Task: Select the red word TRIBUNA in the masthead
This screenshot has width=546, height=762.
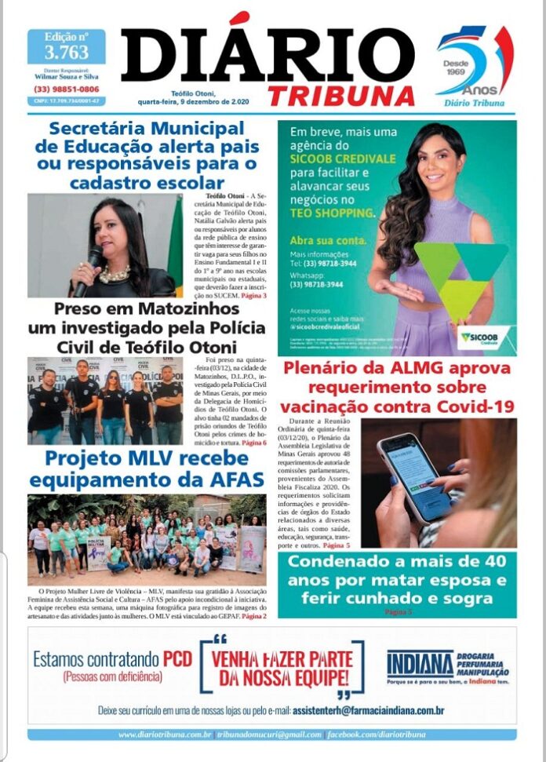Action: point(341,96)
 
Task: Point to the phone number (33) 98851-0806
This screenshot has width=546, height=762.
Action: point(66,89)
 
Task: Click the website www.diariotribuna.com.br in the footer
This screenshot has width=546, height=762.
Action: point(165,735)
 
